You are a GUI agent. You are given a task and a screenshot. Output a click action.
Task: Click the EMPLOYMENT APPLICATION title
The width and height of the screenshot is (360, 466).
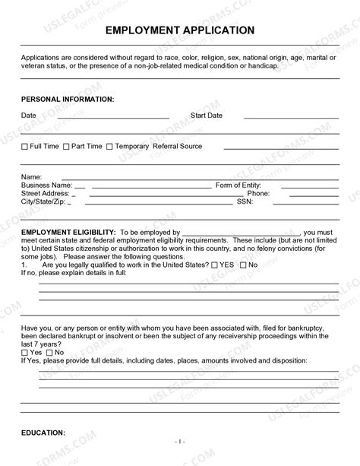180,30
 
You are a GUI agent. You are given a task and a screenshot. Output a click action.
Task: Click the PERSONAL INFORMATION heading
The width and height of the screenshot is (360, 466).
68,99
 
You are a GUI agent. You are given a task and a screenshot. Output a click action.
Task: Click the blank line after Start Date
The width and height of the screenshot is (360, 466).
290,118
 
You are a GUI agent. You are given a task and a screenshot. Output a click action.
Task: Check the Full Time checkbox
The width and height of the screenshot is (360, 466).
25,147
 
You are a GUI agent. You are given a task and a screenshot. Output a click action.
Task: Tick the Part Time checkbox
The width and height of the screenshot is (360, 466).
66,147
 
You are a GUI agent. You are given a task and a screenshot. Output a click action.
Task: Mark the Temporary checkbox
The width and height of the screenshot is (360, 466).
109,147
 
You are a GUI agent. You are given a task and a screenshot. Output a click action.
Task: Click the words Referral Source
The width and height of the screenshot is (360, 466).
177,146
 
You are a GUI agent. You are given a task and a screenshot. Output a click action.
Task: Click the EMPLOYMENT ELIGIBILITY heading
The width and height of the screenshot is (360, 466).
68,232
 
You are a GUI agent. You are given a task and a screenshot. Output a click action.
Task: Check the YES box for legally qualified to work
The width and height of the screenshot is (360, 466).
215,265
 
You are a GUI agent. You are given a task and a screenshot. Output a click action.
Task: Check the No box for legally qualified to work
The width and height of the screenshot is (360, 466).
243,265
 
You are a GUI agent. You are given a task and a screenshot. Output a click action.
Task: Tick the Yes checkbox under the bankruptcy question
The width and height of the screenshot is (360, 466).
25,353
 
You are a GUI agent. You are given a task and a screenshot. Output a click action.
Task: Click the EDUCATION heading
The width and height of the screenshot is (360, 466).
43,433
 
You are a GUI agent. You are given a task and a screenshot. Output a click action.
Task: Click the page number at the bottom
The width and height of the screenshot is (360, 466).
180,441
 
